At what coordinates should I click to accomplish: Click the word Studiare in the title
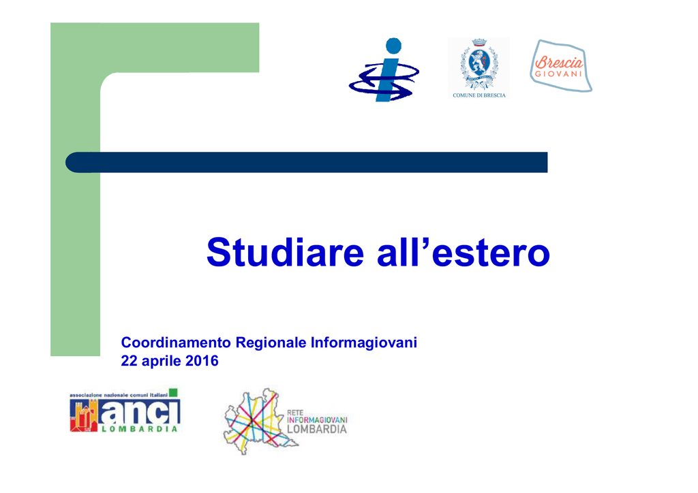coord(285,252)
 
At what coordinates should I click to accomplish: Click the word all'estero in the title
coord(464,252)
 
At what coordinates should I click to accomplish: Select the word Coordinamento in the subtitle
coord(176,343)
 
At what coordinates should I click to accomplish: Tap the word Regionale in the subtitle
coord(271,343)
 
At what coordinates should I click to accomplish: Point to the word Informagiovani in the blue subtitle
coord(364,343)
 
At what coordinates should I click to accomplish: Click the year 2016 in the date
coord(202,360)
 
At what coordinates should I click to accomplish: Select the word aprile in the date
coord(161,361)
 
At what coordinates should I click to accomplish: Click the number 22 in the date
coord(129,360)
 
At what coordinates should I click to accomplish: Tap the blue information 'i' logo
coord(384,69)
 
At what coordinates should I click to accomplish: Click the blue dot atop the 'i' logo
coord(393,46)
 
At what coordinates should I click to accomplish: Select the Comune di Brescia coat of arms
coord(479,64)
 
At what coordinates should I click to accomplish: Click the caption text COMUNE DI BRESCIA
coord(479,95)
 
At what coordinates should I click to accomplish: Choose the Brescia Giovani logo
coord(561,66)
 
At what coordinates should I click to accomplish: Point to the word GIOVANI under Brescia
coord(558,74)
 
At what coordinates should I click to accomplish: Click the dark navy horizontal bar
coord(306,162)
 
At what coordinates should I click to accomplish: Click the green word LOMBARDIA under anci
coord(140,429)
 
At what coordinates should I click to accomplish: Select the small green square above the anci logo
coord(173,392)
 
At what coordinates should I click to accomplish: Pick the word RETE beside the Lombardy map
coord(295,413)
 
